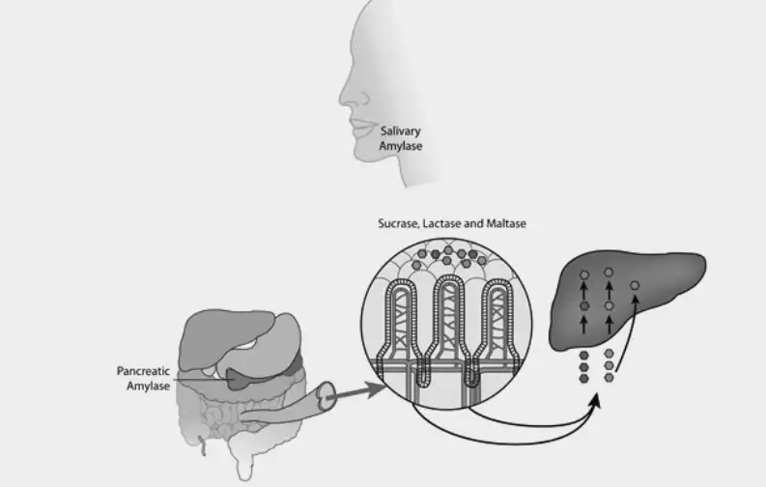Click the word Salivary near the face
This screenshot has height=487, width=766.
(400, 130)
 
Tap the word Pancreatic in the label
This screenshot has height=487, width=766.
(143, 371)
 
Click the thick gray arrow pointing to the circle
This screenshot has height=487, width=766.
(358, 392)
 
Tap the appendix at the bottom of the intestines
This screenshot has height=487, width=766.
(202, 446)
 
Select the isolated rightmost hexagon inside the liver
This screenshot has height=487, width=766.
(635, 285)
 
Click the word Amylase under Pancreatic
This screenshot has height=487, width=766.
(148, 386)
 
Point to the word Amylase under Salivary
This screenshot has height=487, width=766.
(401, 146)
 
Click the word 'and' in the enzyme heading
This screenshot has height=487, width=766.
(473, 224)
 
